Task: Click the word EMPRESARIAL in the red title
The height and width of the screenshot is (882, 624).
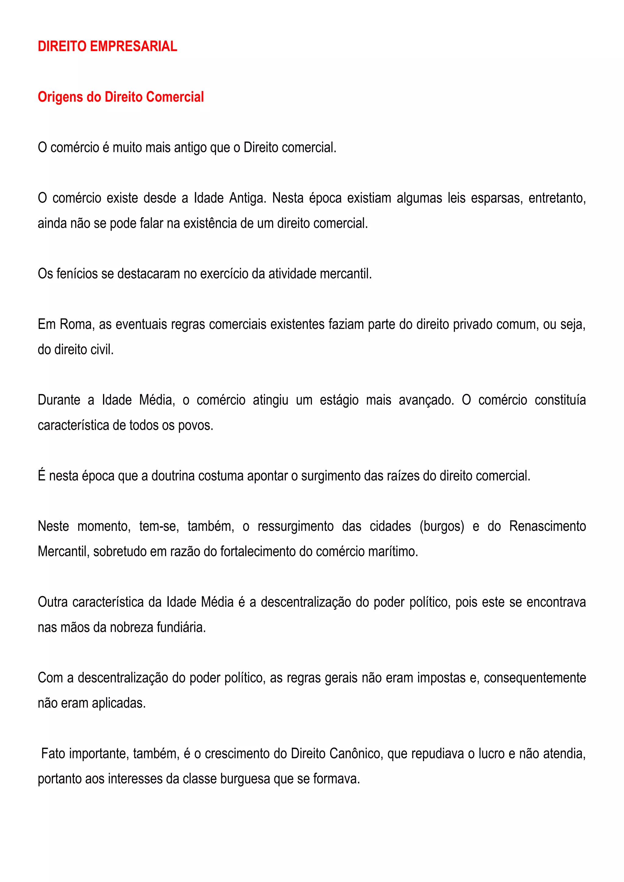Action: pos(133,47)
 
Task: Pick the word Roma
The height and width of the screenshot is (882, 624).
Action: pos(76,325)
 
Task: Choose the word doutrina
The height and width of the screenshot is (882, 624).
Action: pos(174,476)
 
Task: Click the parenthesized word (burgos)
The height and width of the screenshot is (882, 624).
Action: pos(442,527)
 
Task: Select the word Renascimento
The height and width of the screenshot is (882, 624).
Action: pos(547,527)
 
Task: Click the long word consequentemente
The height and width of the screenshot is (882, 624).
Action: pos(534,678)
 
